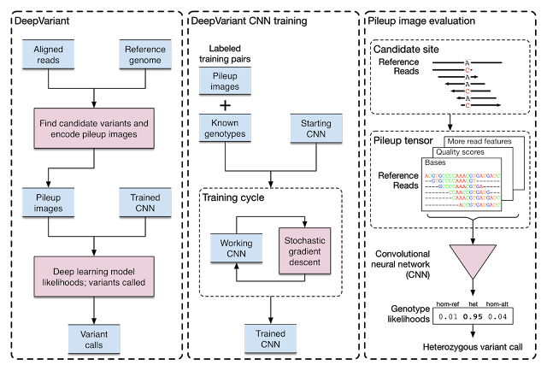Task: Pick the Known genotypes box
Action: pyautogui.click(x=226, y=128)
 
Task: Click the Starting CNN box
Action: pyautogui.click(x=316, y=128)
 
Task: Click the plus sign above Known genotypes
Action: pyautogui.click(x=226, y=105)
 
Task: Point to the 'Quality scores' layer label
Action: pyautogui.click(x=462, y=151)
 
